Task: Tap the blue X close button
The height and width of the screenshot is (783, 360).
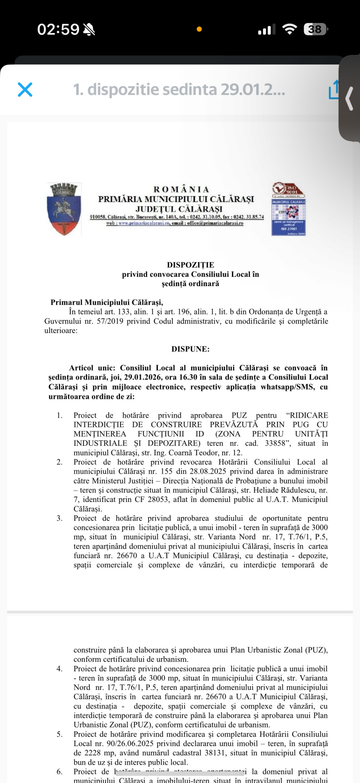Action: [x=25, y=89]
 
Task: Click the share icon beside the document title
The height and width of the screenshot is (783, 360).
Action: [x=334, y=90]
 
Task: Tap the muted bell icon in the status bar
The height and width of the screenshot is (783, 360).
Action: [x=89, y=29]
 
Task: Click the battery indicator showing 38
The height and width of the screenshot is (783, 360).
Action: [x=316, y=29]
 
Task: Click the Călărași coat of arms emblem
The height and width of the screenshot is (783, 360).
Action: [x=64, y=209]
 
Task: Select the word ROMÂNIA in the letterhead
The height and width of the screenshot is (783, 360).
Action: [x=181, y=189]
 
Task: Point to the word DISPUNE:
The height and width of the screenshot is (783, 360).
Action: [x=190, y=349]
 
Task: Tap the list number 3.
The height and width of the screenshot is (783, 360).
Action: [x=59, y=518]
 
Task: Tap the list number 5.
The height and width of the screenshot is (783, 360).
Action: [x=59, y=734]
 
